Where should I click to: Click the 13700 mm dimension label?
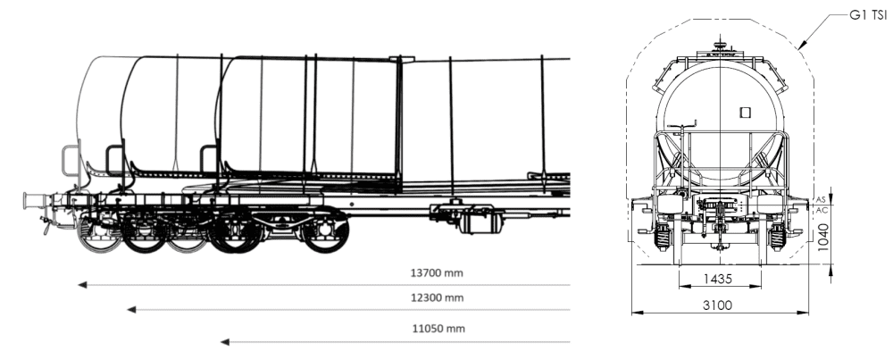(x=437, y=272)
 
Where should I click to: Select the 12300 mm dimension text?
(x=438, y=297)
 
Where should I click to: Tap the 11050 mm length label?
(x=438, y=329)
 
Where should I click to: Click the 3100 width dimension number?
(x=717, y=306)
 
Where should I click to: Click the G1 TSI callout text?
(x=868, y=15)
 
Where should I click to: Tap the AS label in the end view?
(x=822, y=199)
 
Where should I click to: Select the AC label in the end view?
(x=822, y=210)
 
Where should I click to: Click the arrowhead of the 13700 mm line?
(x=82, y=285)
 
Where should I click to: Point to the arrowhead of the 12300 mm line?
(x=131, y=309)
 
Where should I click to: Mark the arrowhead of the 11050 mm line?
(x=225, y=342)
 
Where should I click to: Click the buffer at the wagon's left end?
(x=34, y=200)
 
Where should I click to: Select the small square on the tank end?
(x=745, y=113)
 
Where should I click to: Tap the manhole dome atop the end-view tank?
(x=720, y=46)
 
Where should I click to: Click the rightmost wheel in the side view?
(x=325, y=232)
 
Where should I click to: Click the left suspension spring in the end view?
(x=663, y=237)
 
